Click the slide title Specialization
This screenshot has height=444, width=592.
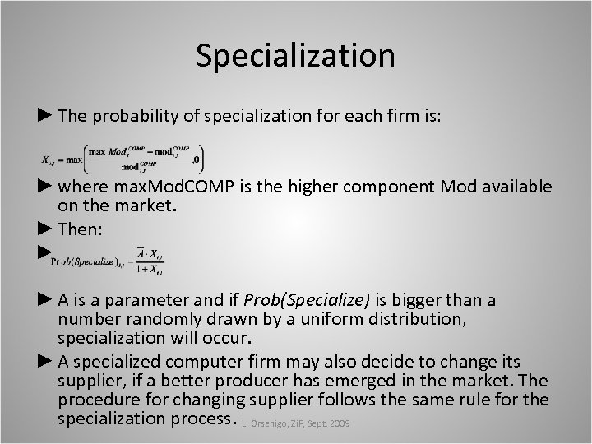(296, 56)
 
